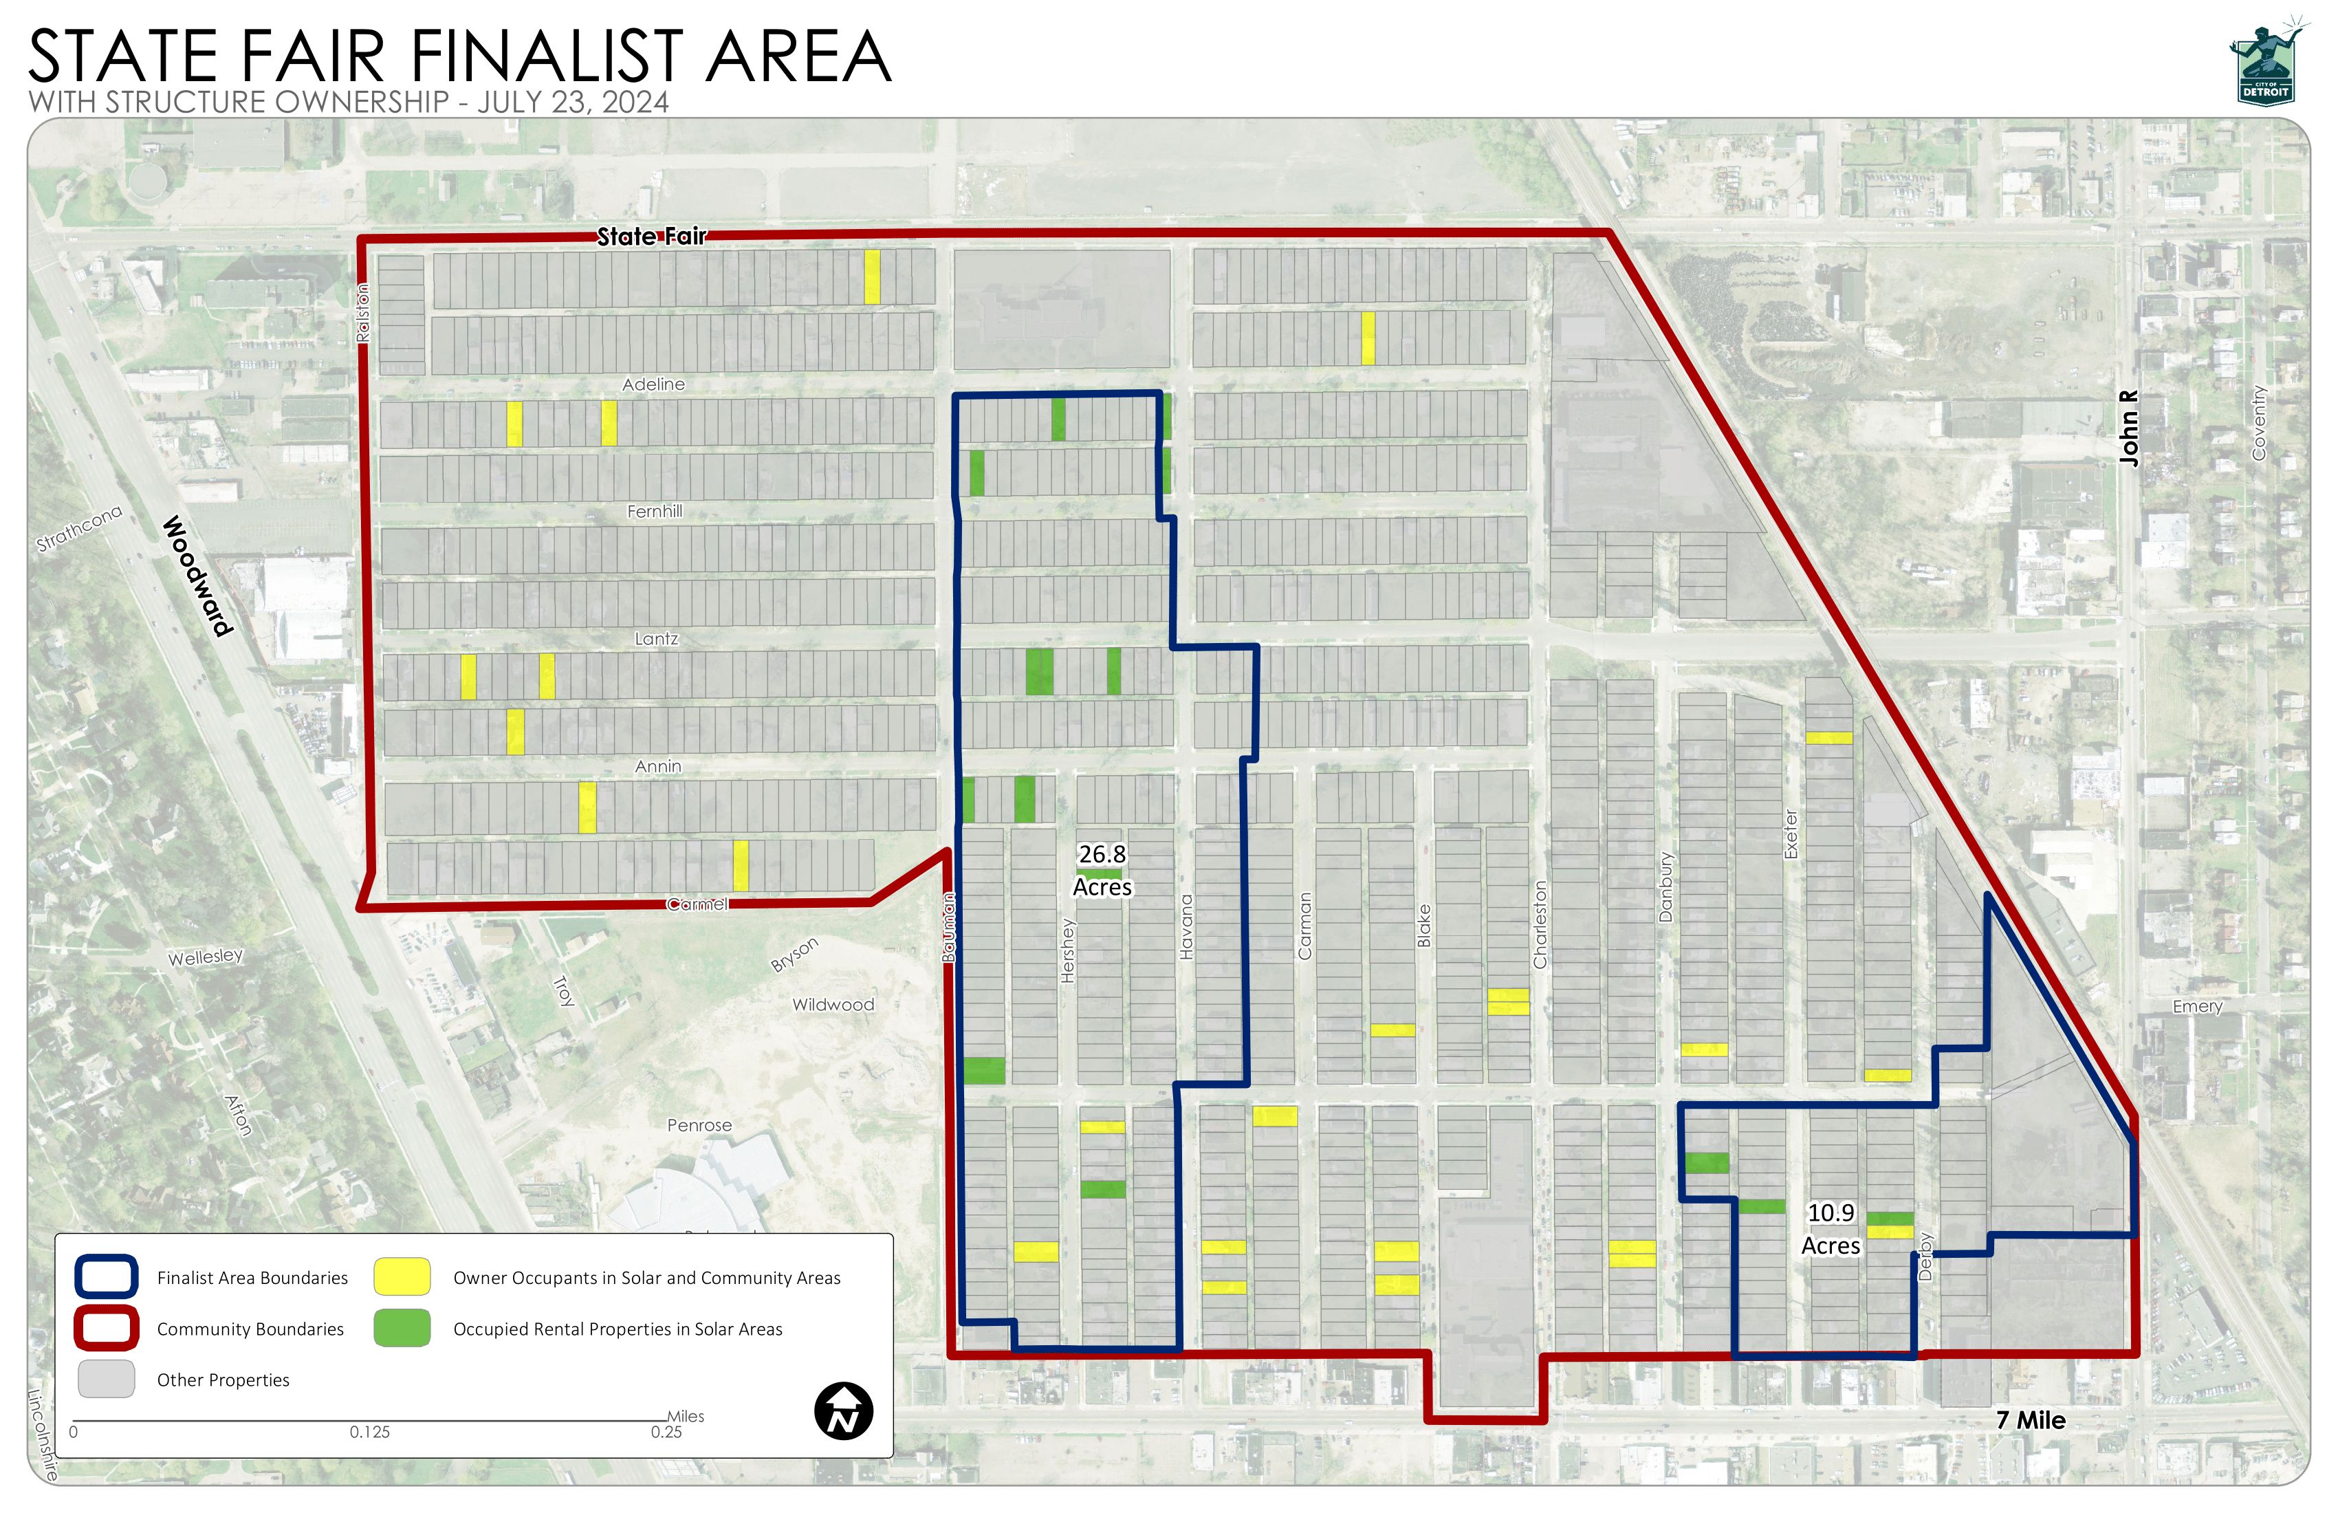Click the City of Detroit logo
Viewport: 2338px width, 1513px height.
coord(2266,64)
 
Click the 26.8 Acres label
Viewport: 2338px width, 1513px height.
coord(1102,871)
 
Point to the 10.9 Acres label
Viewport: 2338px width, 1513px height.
coord(1831,1229)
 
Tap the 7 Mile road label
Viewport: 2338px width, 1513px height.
coord(2031,1421)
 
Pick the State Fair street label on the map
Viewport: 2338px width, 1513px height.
coord(651,237)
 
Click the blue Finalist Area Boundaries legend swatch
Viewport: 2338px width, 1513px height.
coord(106,1277)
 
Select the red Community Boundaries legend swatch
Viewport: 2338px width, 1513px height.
coord(106,1328)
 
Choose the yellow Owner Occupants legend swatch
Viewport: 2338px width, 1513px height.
coord(402,1277)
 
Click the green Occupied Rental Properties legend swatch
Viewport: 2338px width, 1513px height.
coord(402,1328)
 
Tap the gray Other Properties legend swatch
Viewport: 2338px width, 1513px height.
coord(106,1380)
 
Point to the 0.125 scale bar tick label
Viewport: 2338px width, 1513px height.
coord(369,1433)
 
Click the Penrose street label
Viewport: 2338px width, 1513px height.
coord(699,1126)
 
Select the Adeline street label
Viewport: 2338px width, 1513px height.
coord(653,384)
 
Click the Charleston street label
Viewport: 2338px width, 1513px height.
coord(1540,924)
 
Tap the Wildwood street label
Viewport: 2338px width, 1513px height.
coord(833,1005)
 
